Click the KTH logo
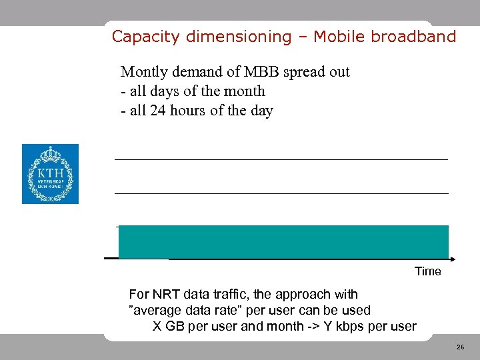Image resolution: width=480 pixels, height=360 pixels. tap(50, 174)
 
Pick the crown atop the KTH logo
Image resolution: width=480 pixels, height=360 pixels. tap(50, 154)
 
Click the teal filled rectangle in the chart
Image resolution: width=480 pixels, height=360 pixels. tap(283, 241)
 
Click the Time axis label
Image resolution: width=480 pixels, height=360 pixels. tap(427, 271)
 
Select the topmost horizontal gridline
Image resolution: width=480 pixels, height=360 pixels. tap(281, 159)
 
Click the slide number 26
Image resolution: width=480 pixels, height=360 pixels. tap(460, 347)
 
